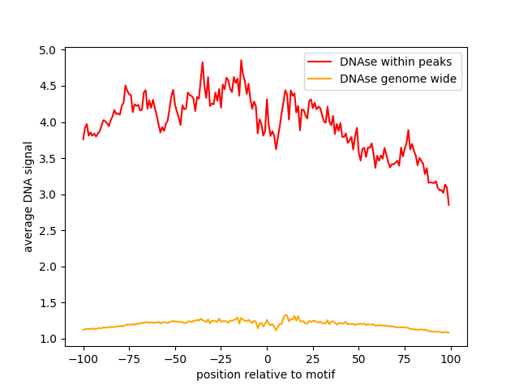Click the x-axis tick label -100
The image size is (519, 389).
coord(83,359)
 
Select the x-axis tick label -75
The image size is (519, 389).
coord(129,359)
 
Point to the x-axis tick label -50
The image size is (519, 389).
coord(175,359)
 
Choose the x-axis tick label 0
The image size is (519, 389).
coord(267,359)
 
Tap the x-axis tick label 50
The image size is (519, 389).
coord(359,359)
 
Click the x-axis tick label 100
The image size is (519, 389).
coord(451,359)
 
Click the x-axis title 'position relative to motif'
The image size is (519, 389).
coord(266,374)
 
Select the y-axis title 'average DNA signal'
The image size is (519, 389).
coord(28,197)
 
